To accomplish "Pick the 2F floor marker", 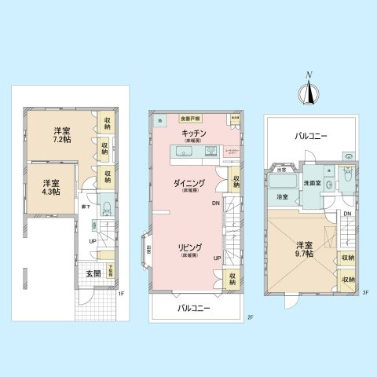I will point(249,317).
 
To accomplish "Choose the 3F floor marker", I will point(364,292).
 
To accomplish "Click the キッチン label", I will point(194,134).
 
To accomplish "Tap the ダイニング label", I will point(189,185).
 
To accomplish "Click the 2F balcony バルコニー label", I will point(194,309).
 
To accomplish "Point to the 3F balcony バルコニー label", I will point(311,136).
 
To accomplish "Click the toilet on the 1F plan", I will point(105,208).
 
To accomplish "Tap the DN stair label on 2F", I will point(216,203).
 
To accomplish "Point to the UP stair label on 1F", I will point(93,241).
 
